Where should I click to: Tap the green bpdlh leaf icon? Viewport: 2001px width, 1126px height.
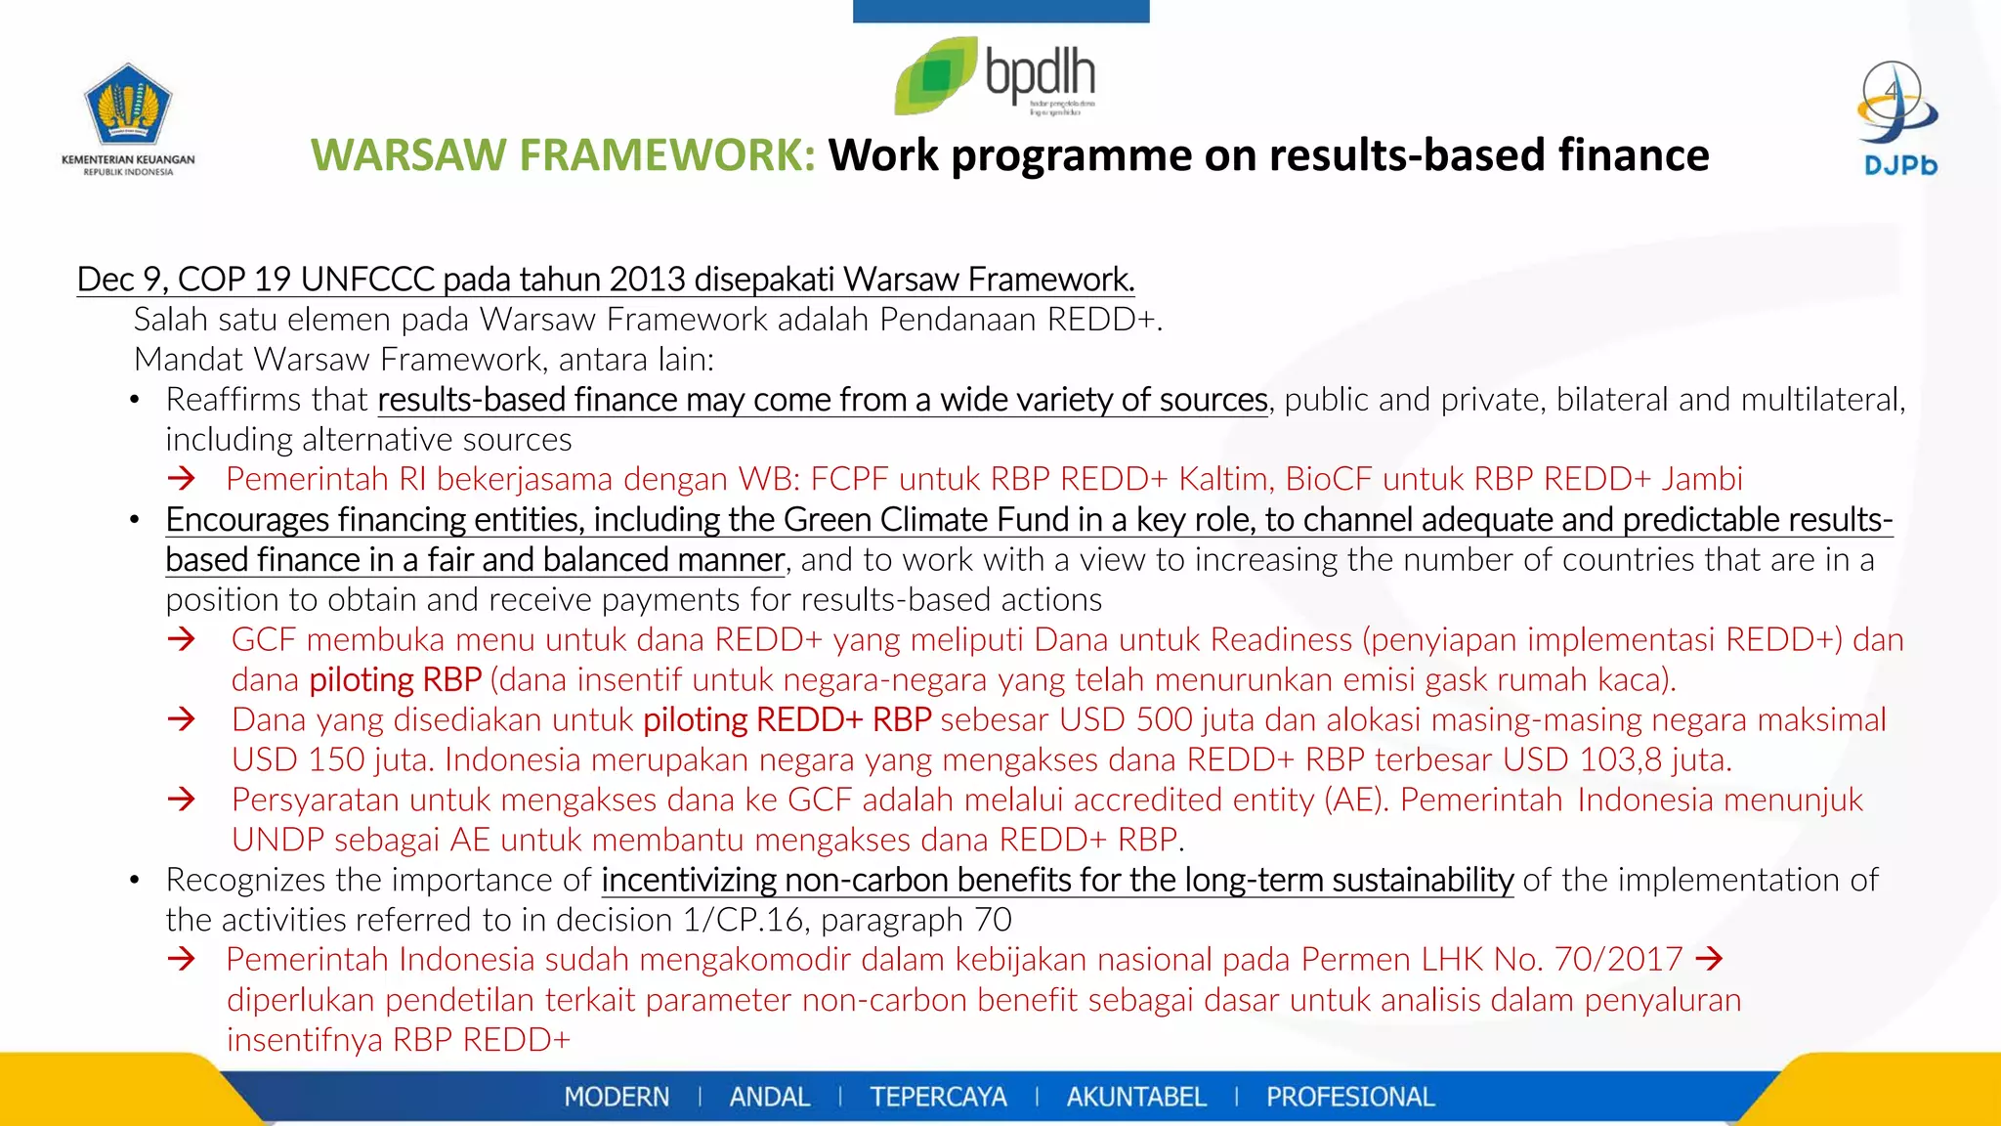point(935,76)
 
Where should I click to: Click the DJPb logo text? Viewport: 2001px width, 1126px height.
point(1900,165)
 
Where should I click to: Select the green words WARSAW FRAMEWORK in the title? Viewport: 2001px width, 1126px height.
point(563,155)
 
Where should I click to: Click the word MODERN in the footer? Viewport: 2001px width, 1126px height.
point(617,1097)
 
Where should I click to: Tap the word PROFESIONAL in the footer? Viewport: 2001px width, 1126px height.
point(1350,1097)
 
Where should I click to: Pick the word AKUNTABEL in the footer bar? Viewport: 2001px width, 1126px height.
point(1136,1097)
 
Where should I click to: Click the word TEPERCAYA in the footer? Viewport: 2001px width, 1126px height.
point(938,1097)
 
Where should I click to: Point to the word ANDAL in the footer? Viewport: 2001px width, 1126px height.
point(770,1097)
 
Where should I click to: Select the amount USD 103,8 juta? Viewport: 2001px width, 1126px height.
point(1617,759)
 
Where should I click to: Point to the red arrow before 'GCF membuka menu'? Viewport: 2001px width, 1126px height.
point(182,639)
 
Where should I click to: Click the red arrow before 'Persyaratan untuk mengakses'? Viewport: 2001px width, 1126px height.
point(182,800)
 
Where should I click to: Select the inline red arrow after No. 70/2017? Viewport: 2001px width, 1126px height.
point(1709,959)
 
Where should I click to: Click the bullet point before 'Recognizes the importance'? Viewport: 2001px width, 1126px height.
point(135,881)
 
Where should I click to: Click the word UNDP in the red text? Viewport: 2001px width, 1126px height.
point(277,840)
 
